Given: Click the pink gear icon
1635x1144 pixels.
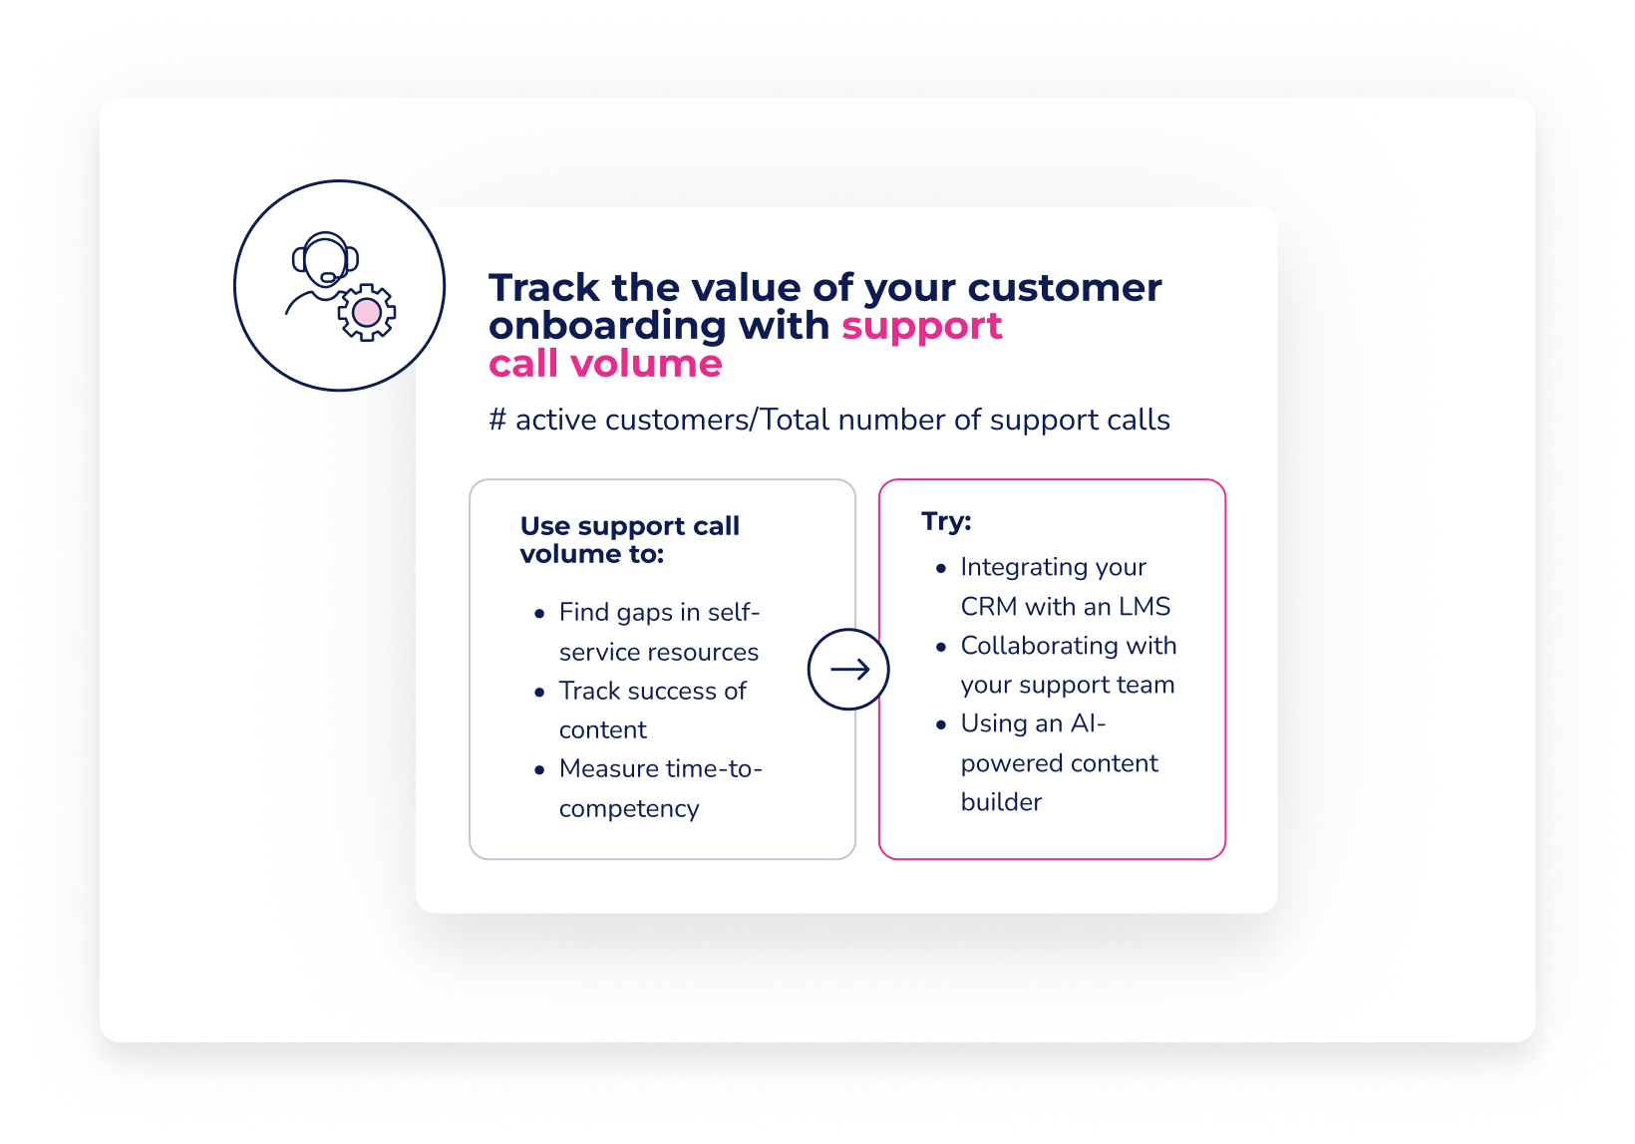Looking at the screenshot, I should [367, 313].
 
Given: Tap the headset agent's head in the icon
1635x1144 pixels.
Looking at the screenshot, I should [325, 258].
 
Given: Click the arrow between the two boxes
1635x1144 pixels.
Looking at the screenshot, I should [849, 670].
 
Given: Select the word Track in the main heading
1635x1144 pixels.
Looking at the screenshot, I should [543, 288].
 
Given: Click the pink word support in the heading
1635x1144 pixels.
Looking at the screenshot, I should [921, 327].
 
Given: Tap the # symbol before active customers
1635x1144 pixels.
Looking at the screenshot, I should [497, 421].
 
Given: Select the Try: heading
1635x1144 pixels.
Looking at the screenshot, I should [945, 521].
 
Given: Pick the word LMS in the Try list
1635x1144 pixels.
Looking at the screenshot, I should [1144, 607].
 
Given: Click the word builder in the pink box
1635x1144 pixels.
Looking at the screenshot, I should [1001, 802].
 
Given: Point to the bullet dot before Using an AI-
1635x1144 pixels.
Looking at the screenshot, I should [941, 724].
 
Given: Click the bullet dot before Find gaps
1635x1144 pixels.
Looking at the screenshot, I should [539, 614].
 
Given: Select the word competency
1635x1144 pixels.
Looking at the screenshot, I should [628, 809].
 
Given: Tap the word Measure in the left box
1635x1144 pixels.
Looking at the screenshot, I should [608, 769].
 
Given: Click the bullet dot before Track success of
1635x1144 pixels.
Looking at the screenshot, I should [539, 692].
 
